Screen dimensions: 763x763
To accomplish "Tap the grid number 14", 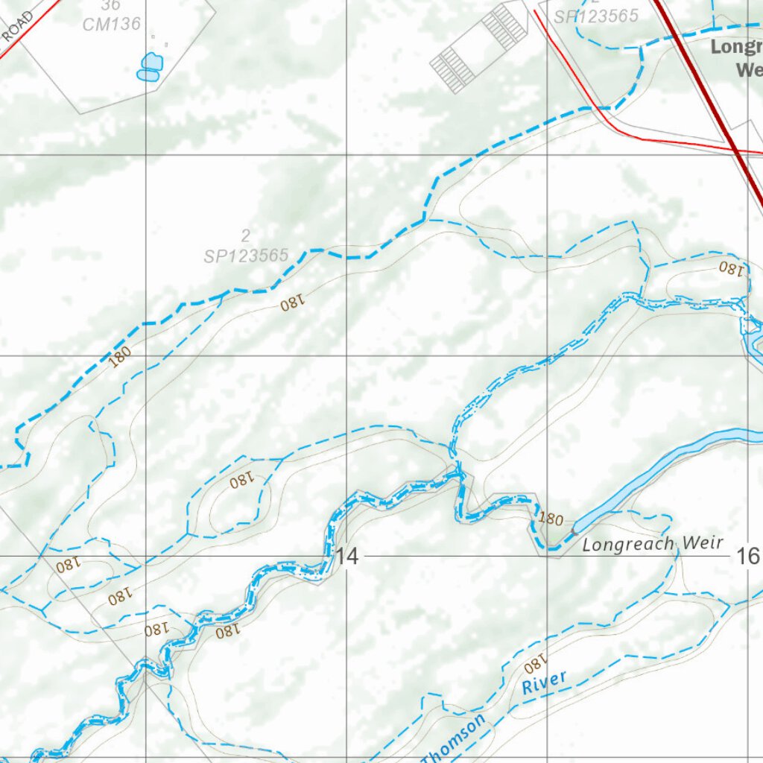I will pyautogui.click(x=347, y=556).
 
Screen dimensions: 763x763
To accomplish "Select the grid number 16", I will pyautogui.click(x=747, y=556).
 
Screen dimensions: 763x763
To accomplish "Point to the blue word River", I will pyautogui.click(x=544, y=683).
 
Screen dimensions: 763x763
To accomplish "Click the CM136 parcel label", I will pyautogui.click(x=112, y=24).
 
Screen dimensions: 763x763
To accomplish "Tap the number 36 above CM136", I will pyautogui.click(x=110, y=5).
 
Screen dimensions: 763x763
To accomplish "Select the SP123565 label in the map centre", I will pyautogui.click(x=246, y=256).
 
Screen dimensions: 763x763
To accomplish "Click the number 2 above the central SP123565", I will pyautogui.click(x=245, y=237).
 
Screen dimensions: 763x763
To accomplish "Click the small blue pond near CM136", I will pyautogui.click(x=150, y=66).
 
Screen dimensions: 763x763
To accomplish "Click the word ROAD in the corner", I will pyautogui.click(x=16, y=28).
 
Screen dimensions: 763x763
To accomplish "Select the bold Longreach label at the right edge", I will pyautogui.click(x=736, y=47).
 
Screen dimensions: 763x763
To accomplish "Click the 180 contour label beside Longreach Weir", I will pyautogui.click(x=550, y=519).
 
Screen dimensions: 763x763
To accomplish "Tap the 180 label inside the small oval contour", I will pyautogui.click(x=241, y=482).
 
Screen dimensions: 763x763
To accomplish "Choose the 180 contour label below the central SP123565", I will pyautogui.click(x=293, y=303).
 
